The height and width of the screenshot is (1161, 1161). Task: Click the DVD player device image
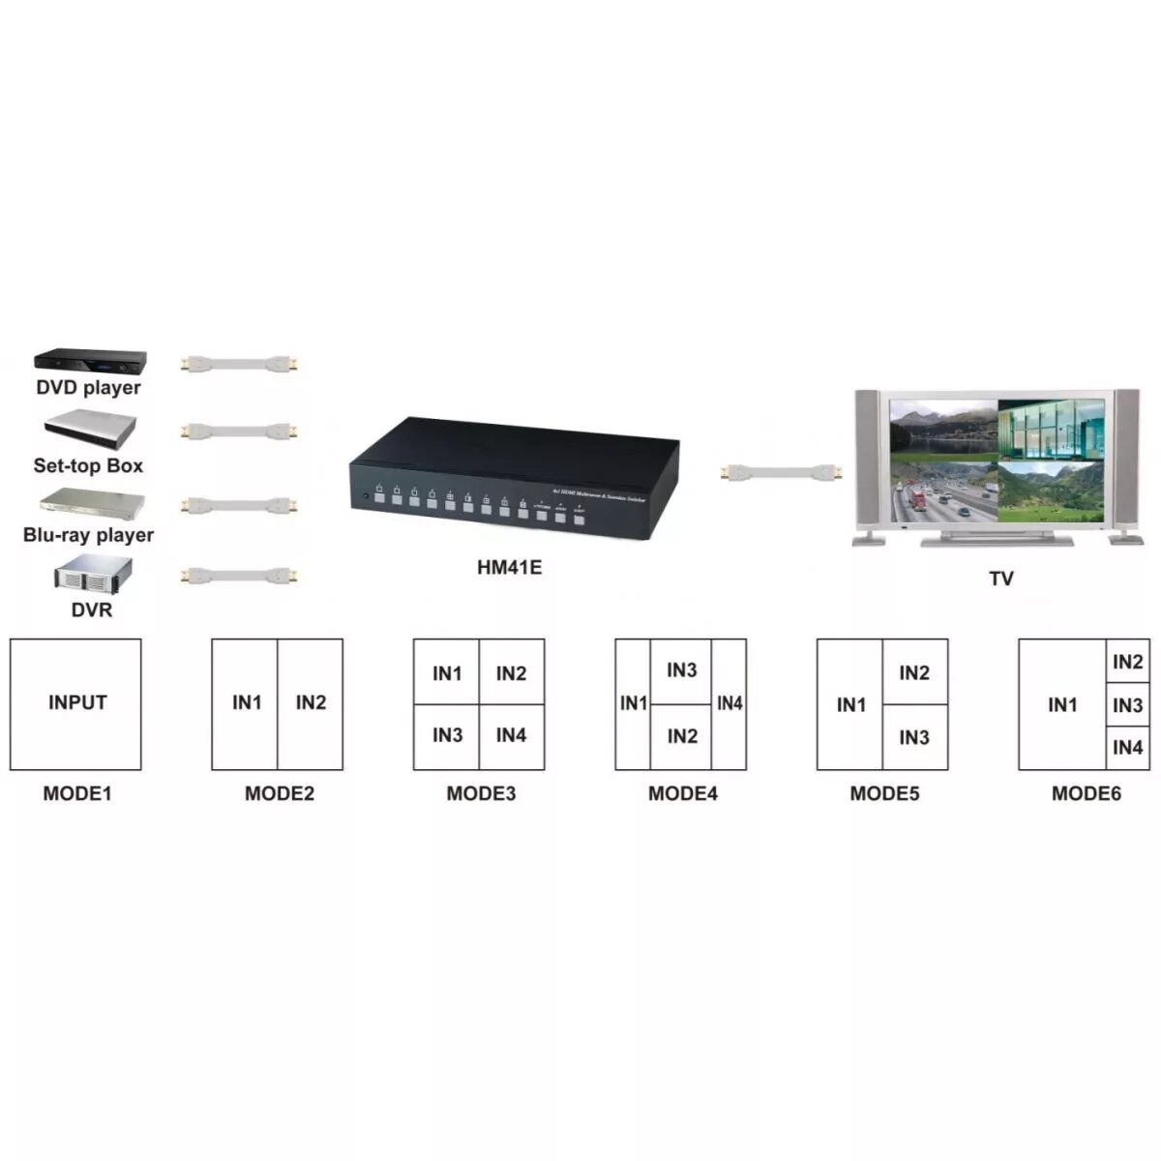tap(90, 362)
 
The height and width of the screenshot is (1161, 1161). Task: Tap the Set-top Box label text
tap(88, 465)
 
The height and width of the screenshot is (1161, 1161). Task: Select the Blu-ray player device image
tap(92, 504)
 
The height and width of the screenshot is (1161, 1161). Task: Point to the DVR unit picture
tap(92, 576)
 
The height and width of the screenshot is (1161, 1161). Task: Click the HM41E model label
tap(509, 568)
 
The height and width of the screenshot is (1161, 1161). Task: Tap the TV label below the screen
tap(1000, 579)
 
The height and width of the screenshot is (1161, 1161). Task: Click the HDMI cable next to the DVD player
tap(239, 365)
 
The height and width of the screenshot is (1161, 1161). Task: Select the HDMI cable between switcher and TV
tap(782, 472)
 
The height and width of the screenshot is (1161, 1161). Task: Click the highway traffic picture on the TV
tap(942, 493)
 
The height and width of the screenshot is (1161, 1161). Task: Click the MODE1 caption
tap(77, 794)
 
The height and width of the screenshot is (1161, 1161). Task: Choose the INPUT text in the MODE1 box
tap(77, 702)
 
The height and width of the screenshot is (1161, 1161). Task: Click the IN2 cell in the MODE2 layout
tap(311, 703)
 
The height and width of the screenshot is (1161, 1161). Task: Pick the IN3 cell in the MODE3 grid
tap(447, 736)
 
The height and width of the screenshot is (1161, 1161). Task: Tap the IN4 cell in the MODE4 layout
tap(729, 703)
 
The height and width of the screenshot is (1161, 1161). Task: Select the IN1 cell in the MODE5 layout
tap(850, 704)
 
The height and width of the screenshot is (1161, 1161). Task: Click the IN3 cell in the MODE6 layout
tap(1127, 705)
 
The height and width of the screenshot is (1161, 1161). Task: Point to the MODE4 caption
tap(683, 794)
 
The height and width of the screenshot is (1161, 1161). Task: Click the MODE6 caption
tap(1087, 794)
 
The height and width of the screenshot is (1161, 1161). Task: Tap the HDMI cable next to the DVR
tap(239, 576)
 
